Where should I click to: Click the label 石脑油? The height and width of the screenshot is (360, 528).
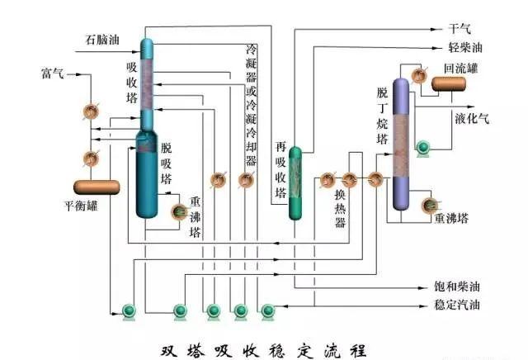[x=102, y=39]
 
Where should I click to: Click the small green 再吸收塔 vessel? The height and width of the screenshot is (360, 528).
[x=296, y=183]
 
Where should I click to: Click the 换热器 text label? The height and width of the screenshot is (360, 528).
[x=339, y=211]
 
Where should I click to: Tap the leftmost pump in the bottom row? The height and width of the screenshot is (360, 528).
[x=130, y=310]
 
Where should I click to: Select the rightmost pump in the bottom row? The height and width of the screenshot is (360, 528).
[x=269, y=310]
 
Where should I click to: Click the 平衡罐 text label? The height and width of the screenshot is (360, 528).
[x=82, y=206]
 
